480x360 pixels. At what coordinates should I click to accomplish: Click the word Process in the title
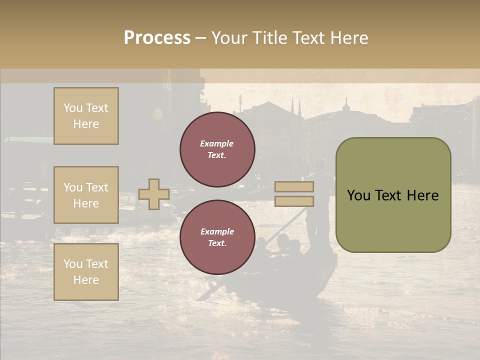coord(157,37)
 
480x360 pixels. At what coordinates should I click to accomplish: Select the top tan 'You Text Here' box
coord(86,116)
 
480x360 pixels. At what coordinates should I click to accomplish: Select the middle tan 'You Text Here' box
coord(86,195)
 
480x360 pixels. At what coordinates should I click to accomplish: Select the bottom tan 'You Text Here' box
coord(86,272)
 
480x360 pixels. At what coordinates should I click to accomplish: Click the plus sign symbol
coord(153,194)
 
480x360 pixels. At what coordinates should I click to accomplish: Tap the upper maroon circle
coord(217,149)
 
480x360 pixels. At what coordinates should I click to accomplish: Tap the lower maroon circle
coord(217,237)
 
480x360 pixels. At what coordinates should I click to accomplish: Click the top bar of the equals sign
coord(294,187)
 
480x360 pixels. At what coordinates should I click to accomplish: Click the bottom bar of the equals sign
coord(294,201)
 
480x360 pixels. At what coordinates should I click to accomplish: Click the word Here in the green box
coord(422,195)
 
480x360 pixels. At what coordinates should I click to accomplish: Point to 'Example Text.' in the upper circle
coord(217,149)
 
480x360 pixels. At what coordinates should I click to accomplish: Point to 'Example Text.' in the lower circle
coord(217,237)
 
